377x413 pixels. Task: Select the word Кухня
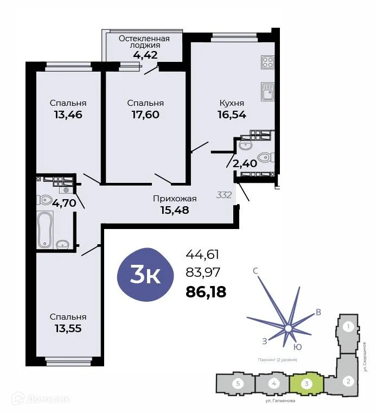[232, 103]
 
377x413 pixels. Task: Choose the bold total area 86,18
[206, 292]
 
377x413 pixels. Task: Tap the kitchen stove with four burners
[267, 62]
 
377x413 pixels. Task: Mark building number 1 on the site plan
[349, 327]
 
